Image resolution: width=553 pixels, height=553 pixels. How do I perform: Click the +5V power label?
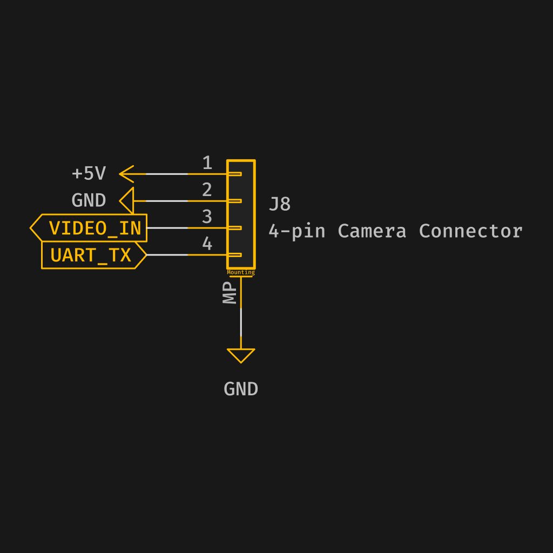click(x=89, y=173)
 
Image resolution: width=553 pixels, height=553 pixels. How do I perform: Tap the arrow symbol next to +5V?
click(x=127, y=174)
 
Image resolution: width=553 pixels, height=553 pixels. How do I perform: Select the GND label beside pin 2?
click(x=89, y=200)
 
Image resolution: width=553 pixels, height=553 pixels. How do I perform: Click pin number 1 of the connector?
click(x=207, y=163)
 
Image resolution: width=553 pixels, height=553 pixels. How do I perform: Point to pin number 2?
click(x=207, y=190)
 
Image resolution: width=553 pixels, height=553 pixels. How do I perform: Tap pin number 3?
click(x=207, y=217)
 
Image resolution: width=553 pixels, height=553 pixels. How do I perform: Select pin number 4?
click(x=207, y=244)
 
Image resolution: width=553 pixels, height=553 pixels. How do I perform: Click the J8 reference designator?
click(x=280, y=204)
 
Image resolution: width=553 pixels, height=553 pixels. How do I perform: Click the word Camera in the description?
click(x=372, y=231)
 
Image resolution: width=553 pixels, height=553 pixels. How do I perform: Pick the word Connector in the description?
click(x=470, y=231)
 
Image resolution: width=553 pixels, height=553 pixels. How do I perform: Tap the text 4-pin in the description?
click(x=296, y=231)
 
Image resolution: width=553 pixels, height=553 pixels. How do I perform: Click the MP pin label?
click(x=231, y=292)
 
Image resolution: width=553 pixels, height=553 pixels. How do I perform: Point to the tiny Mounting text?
click(x=241, y=273)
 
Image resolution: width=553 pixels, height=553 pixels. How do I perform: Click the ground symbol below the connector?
click(x=241, y=355)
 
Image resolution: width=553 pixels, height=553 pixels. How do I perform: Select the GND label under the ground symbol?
click(x=241, y=389)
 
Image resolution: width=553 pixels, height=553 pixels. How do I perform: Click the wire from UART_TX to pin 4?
click(x=167, y=255)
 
